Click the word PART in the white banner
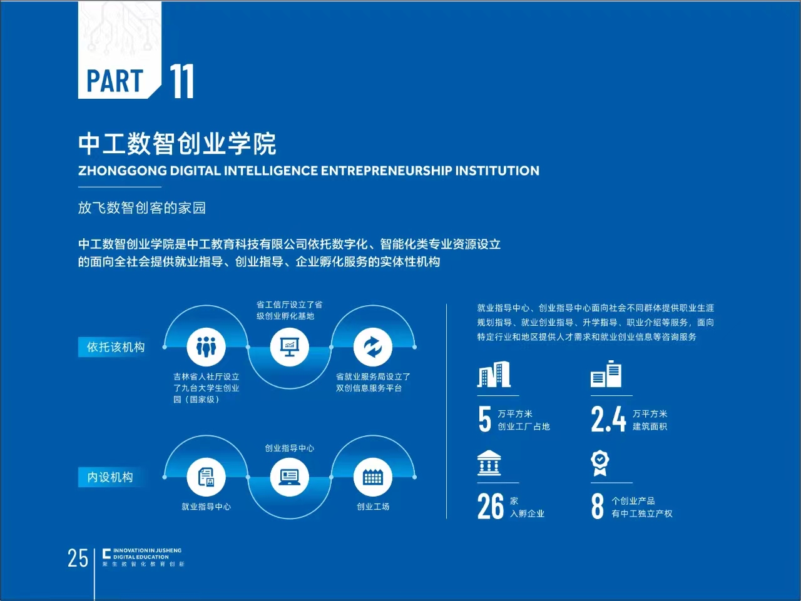(x=115, y=81)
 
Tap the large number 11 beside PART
(x=181, y=81)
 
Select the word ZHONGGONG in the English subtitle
(x=122, y=171)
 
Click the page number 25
(x=78, y=558)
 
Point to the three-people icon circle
(x=206, y=347)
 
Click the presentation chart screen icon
(x=289, y=347)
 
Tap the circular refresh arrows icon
(x=373, y=347)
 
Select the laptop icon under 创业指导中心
(x=289, y=477)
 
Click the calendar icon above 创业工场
(x=373, y=477)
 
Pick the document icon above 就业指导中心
(x=206, y=477)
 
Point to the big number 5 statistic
(x=484, y=420)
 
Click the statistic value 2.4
(x=608, y=420)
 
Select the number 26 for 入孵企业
(x=491, y=506)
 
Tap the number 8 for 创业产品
(x=598, y=506)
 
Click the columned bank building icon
(x=489, y=463)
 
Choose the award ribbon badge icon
(x=600, y=463)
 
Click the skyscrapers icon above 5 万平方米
(x=494, y=374)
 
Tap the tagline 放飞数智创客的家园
(x=142, y=208)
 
